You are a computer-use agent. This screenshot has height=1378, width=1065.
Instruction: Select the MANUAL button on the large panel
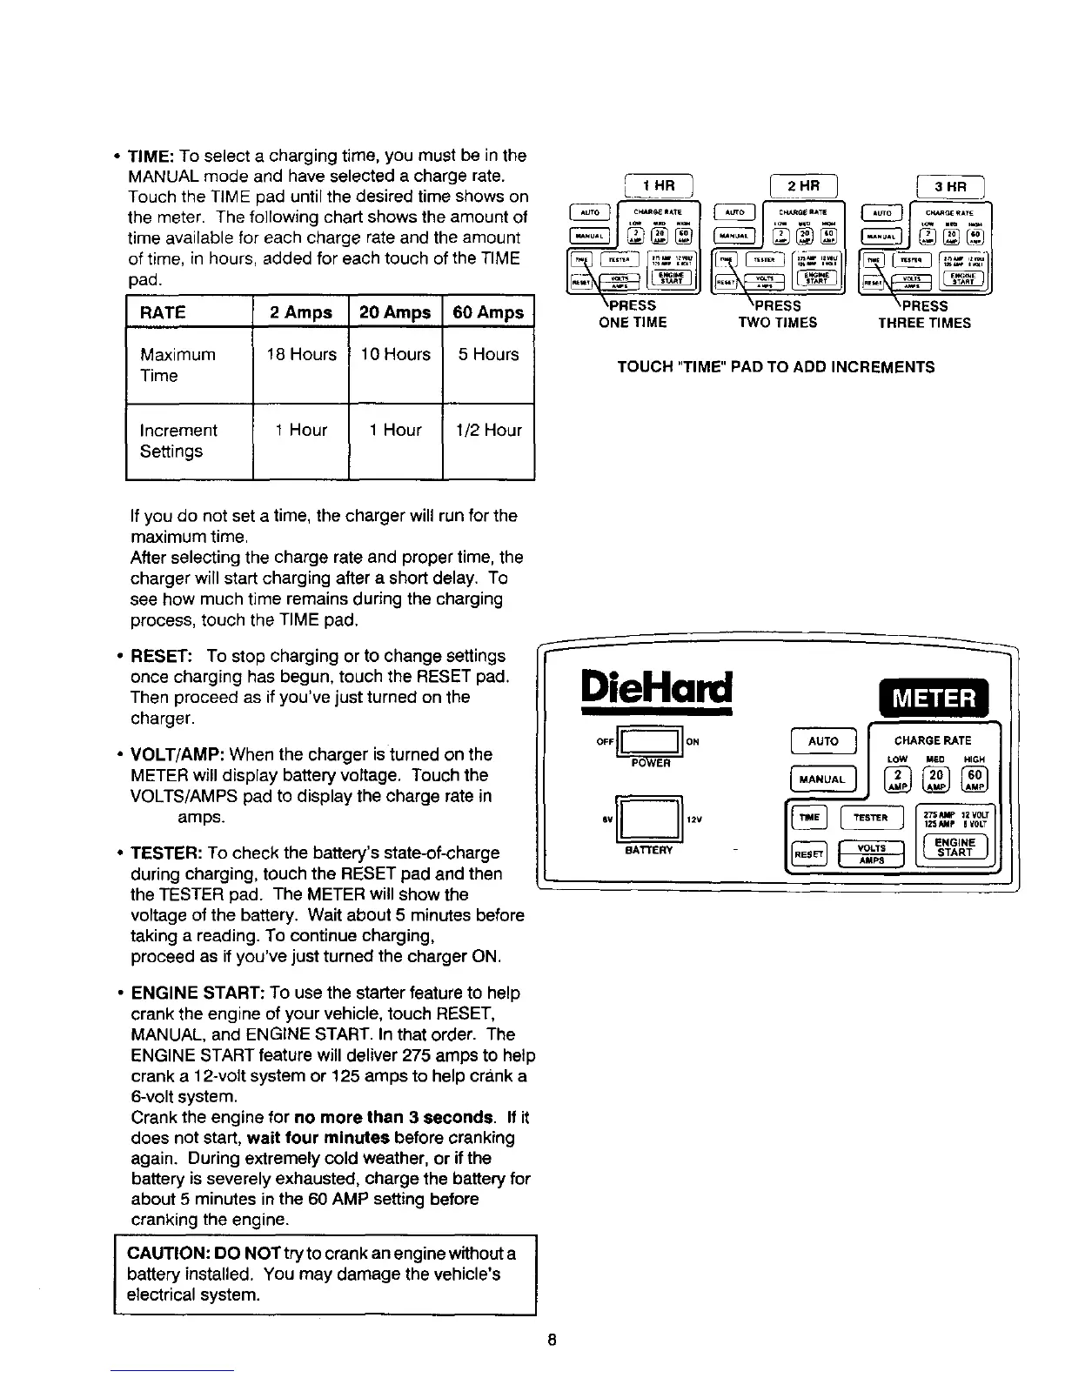click(x=822, y=779)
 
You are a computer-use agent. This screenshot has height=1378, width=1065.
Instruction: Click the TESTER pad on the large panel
click(x=871, y=818)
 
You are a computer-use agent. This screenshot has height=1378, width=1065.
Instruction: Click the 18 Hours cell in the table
click(x=301, y=355)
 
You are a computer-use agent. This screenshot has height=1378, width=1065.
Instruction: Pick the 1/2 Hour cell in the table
click(x=488, y=431)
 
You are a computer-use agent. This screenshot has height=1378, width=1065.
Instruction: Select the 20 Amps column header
click(x=395, y=312)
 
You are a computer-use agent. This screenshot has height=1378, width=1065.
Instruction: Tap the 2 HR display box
click(x=804, y=186)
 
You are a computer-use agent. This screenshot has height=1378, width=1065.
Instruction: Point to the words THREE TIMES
click(x=924, y=323)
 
